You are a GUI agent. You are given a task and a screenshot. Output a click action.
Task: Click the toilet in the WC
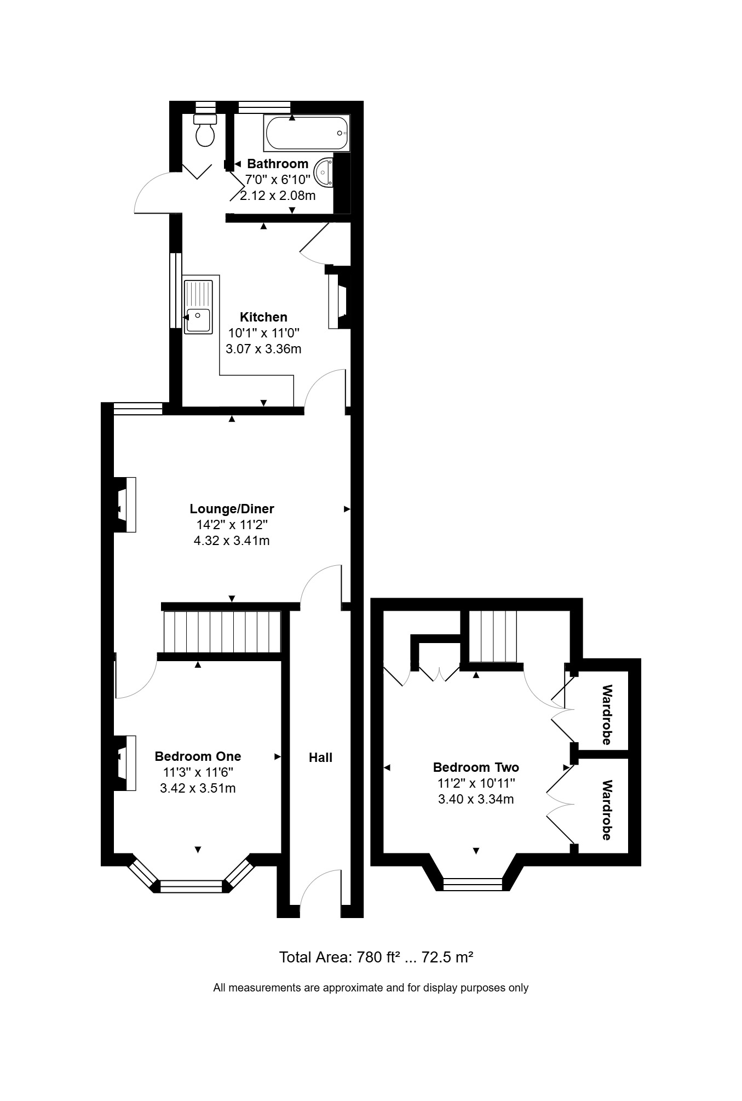(205, 130)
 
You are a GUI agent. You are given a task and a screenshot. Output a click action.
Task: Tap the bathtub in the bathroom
(307, 133)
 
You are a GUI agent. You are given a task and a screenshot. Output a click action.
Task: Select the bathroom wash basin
(324, 171)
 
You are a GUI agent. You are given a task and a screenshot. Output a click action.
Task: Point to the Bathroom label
(278, 164)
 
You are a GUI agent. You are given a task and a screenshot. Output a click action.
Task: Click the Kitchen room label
(263, 317)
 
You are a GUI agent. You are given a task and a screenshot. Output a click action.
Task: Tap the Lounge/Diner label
(232, 509)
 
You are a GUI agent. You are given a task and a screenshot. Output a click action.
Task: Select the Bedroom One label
(198, 756)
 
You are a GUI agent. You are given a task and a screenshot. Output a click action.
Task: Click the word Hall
(320, 758)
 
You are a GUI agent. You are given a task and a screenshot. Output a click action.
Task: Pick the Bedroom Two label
(476, 767)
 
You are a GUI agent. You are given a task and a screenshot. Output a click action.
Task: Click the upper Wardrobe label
(607, 715)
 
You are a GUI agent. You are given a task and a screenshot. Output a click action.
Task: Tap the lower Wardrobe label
(607, 810)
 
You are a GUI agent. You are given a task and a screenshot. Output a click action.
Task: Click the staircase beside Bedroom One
(222, 632)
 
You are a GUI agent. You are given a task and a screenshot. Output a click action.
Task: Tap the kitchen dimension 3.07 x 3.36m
(263, 349)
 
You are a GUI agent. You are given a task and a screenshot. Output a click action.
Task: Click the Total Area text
(376, 957)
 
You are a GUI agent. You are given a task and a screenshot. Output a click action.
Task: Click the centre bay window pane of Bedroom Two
(473, 884)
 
